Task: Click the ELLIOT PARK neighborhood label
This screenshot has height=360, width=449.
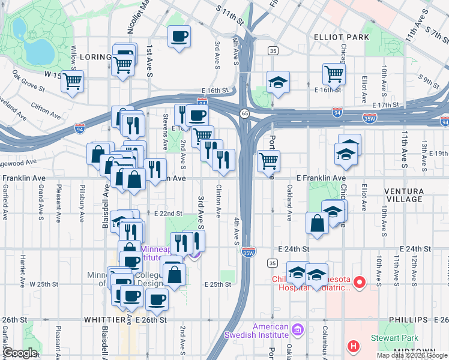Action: (x=342, y=37)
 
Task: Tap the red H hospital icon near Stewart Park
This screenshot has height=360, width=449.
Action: (x=354, y=346)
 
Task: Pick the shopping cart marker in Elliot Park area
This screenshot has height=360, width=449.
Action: (x=334, y=74)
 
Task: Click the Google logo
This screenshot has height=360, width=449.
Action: (x=20, y=352)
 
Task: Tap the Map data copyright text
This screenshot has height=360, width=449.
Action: (x=412, y=355)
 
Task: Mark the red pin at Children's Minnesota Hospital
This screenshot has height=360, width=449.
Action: (x=360, y=281)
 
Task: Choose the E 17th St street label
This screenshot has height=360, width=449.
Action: (x=385, y=105)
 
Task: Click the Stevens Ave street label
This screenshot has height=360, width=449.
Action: (x=165, y=137)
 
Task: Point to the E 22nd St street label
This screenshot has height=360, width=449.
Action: (x=167, y=214)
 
